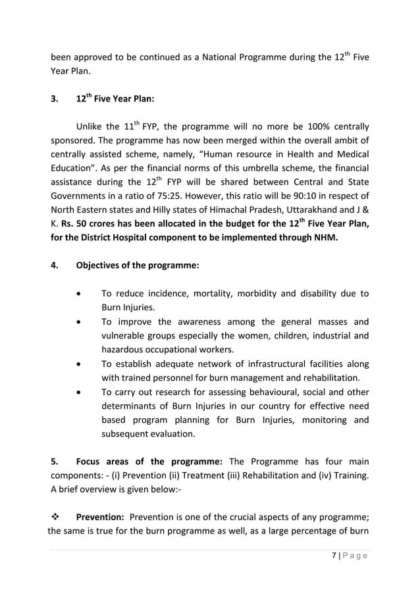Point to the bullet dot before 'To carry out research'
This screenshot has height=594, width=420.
click(x=80, y=392)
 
